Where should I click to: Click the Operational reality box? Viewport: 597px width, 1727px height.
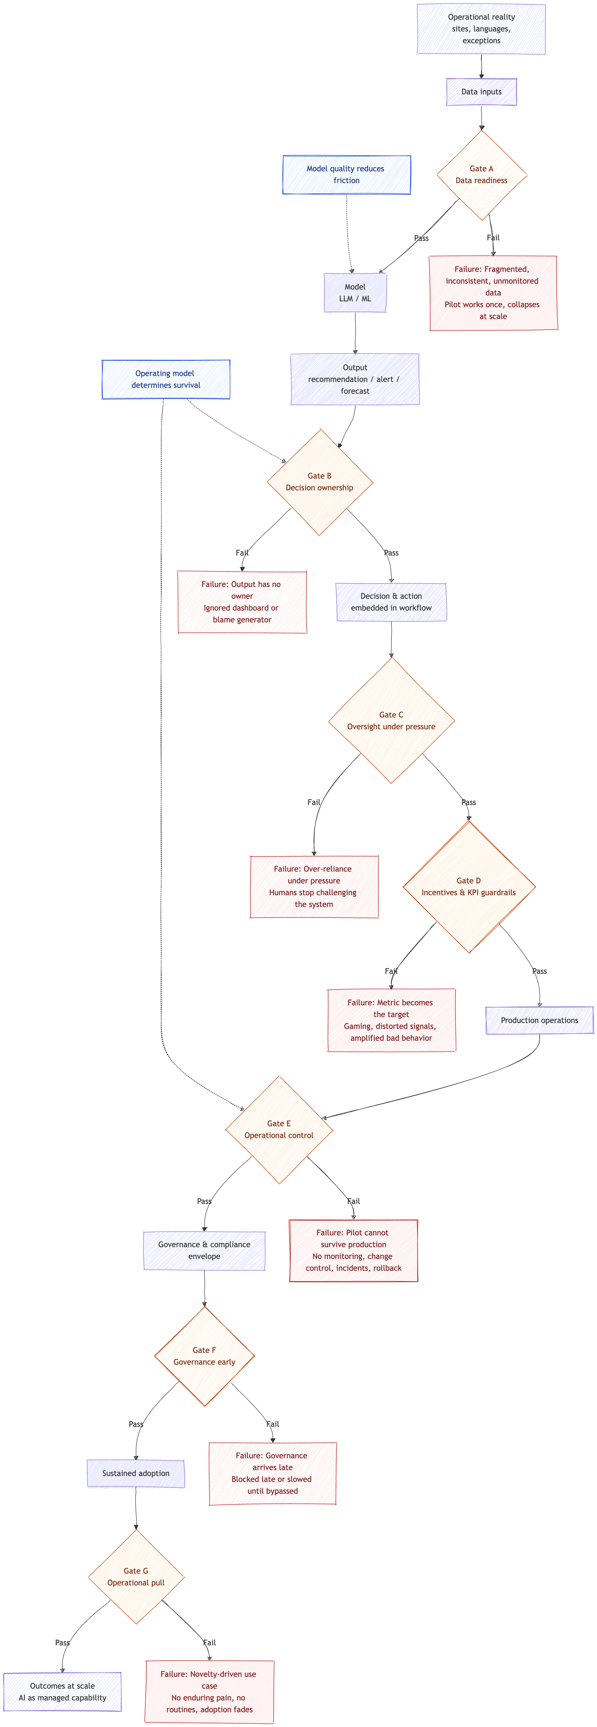point(481,29)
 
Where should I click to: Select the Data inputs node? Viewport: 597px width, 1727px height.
point(481,92)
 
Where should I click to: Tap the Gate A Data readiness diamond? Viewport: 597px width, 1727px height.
point(481,175)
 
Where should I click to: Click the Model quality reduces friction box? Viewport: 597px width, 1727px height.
point(346,175)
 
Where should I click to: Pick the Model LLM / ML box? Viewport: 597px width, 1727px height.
point(355,293)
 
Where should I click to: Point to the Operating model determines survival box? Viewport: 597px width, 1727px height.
point(165,380)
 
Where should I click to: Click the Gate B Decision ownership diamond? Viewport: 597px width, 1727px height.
point(320,482)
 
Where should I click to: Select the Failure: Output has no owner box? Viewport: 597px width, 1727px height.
point(242,602)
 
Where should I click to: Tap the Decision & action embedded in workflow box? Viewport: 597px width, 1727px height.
point(391,602)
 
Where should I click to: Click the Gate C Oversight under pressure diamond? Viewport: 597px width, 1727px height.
point(391,721)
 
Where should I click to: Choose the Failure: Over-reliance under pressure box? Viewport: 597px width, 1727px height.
point(314,886)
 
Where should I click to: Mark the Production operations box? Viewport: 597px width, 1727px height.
point(539,1020)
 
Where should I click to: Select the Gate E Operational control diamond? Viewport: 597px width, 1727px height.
point(279,1130)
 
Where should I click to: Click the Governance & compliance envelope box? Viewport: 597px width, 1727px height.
point(204,1250)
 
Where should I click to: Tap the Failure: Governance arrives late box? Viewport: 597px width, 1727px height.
point(272,1474)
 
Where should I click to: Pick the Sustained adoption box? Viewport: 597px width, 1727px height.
point(136,1474)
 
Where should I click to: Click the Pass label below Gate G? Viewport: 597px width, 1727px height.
point(62,1642)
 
